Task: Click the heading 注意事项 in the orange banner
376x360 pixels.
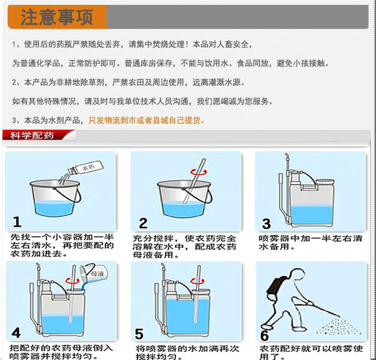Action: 57,18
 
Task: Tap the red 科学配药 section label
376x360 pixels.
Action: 32,136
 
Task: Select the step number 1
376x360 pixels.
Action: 17,221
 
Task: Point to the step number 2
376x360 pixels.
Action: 143,223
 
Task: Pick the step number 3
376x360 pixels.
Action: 266,224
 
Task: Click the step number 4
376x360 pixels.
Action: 16,332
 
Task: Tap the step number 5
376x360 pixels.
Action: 139,333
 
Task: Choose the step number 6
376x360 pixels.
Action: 265,335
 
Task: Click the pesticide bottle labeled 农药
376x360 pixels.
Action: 86,167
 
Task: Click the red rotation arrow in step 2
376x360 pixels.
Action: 199,172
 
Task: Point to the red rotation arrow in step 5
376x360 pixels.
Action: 198,281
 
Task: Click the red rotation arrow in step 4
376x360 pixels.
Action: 72,280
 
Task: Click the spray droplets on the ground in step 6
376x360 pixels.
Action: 338,326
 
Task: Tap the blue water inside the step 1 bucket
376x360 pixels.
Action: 54,208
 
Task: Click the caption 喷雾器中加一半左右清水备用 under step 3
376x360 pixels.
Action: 310,242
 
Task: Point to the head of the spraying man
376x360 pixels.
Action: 298,275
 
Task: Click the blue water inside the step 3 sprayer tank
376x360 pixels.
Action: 312,215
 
